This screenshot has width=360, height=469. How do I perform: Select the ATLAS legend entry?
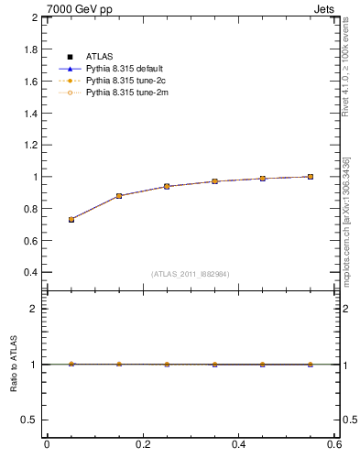point(100,57)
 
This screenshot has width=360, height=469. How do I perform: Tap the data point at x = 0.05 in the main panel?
point(71,220)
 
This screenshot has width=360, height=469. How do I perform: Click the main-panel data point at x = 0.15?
point(119,196)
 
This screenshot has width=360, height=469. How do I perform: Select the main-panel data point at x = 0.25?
point(167,186)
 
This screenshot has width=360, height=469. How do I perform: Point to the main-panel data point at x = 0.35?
point(215,181)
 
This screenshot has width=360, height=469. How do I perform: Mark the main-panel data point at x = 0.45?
point(263,179)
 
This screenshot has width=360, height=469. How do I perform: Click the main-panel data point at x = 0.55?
point(311,177)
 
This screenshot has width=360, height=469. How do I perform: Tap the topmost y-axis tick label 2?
point(36,17)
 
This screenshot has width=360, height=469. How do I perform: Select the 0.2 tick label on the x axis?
point(142,444)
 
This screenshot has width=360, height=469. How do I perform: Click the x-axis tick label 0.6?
point(333,444)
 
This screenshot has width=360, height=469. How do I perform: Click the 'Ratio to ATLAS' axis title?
point(13,364)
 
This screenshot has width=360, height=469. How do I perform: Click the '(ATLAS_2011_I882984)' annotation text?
point(191,274)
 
